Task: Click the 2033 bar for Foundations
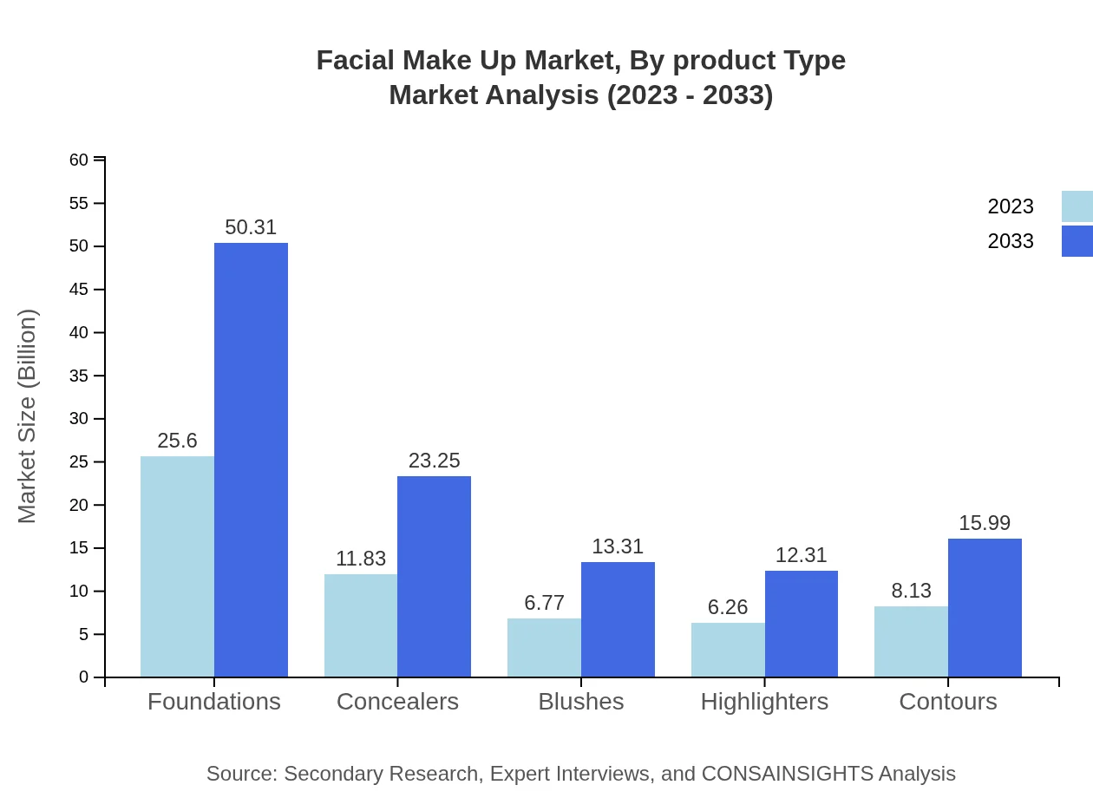coord(251,460)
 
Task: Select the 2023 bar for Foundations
coord(177,566)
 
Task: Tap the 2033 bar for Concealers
coord(434,576)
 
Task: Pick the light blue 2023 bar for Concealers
coord(361,625)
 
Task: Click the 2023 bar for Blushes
coord(544,647)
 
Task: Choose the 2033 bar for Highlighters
coord(802,624)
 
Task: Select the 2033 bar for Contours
coord(985,607)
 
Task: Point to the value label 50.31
coord(251,227)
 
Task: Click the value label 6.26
coord(728,607)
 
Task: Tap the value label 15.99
coord(985,523)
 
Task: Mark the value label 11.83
coord(361,559)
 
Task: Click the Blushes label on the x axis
coord(580,701)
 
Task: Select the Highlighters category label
coord(764,701)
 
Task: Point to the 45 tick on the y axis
coord(79,290)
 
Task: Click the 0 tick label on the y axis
coord(84,677)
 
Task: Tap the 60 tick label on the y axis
coord(79,160)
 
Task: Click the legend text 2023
coord(1011,206)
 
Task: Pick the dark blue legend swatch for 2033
coord(1077,241)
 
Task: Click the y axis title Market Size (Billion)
coord(28,416)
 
